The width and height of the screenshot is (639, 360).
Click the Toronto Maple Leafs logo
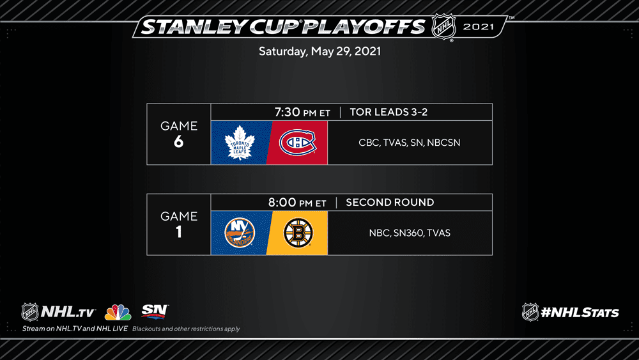pyautogui.click(x=240, y=143)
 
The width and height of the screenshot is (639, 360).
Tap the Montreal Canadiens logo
pyautogui.click(x=298, y=143)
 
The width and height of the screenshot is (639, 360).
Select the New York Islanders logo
pyautogui.click(x=240, y=233)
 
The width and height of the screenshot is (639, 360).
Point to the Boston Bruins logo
pyautogui.click(x=298, y=233)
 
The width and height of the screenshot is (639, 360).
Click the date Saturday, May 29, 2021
pyautogui.click(x=320, y=51)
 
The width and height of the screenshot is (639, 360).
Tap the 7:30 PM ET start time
pyautogui.click(x=302, y=112)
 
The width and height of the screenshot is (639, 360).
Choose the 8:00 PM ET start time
pyautogui.click(x=297, y=203)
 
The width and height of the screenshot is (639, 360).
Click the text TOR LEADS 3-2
pyautogui.click(x=389, y=112)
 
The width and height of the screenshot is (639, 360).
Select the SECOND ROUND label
pyautogui.click(x=390, y=203)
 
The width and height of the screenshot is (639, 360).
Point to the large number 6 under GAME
pyautogui.click(x=178, y=142)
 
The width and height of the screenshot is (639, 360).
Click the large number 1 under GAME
pyautogui.click(x=178, y=232)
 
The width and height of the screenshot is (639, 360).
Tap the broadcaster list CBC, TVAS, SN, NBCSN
pyautogui.click(x=410, y=143)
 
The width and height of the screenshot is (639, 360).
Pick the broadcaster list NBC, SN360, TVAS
pyautogui.click(x=410, y=233)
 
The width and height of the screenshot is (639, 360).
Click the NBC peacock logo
pyautogui.click(x=118, y=312)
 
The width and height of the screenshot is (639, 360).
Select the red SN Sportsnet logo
pyautogui.click(x=155, y=311)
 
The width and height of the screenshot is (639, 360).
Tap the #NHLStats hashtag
pyautogui.click(x=580, y=313)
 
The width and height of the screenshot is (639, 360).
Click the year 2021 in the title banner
pyautogui.click(x=479, y=27)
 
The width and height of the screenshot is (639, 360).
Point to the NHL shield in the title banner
pyautogui.click(x=443, y=27)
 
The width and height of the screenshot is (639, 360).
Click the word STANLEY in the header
pyautogui.click(x=193, y=27)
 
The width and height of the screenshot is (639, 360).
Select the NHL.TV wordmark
pyautogui.click(x=68, y=312)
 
